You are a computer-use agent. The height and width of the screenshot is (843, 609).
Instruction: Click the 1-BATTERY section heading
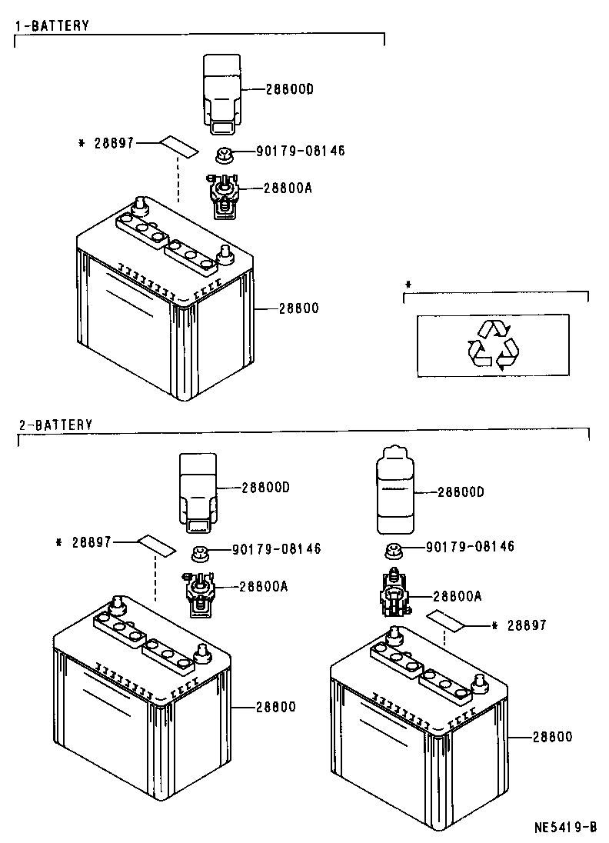pyautogui.click(x=53, y=26)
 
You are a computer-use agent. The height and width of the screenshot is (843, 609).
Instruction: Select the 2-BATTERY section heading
pyautogui.click(x=55, y=425)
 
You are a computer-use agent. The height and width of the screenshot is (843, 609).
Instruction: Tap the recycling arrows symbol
pyautogui.click(x=493, y=345)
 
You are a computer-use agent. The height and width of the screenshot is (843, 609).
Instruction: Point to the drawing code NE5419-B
pyautogui.click(x=566, y=828)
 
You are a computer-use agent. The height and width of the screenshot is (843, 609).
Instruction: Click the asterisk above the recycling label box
pyautogui.click(x=408, y=285)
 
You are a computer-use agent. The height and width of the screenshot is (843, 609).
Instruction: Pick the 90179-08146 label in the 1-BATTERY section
pyautogui.click(x=296, y=151)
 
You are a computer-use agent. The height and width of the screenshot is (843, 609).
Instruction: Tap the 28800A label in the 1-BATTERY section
pyautogui.click(x=287, y=188)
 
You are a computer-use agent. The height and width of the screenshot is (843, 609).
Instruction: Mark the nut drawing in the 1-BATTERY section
pyautogui.click(x=225, y=154)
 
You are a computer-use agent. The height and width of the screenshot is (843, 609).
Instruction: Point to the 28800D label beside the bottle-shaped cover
pyautogui.click(x=461, y=491)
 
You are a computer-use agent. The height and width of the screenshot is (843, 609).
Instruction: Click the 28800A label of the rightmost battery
pyautogui.click(x=457, y=596)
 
